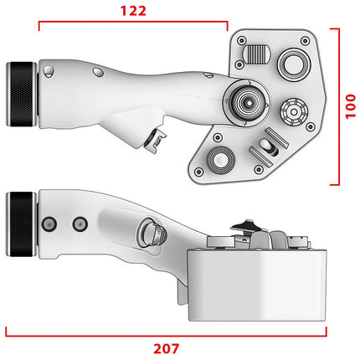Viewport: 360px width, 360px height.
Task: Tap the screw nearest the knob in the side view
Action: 49,224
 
